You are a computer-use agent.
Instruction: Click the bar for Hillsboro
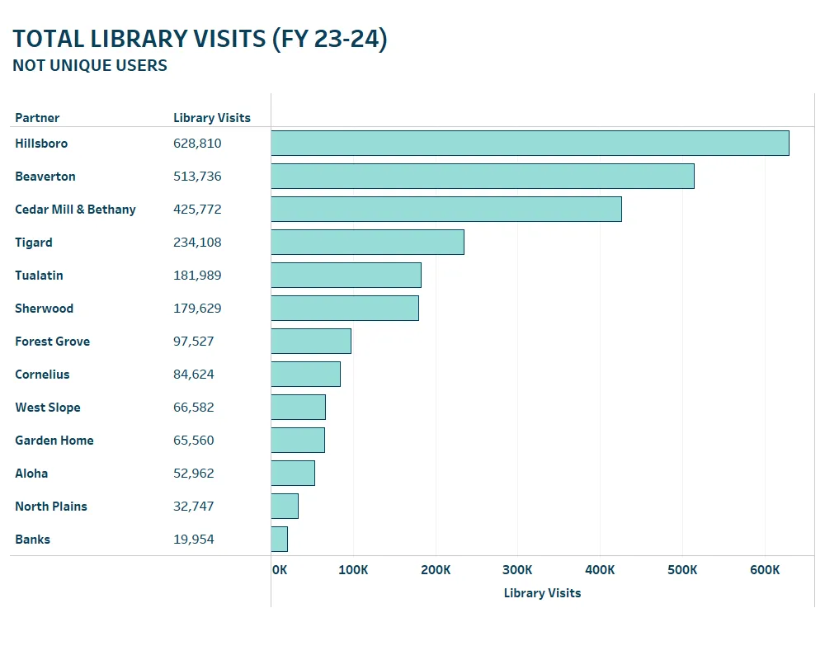pyautogui.click(x=530, y=143)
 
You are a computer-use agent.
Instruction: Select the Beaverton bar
pyautogui.click(x=483, y=176)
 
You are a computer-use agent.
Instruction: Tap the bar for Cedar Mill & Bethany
pyautogui.click(x=446, y=209)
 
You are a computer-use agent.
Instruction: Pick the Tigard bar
pyautogui.click(x=367, y=242)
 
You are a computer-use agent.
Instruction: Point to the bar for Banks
pyautogui.click(x=280, y=539)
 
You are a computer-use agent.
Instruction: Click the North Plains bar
pyautogui.click(x=285, y=506)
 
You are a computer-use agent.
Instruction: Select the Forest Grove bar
pyautogui.click(x=311, y=341)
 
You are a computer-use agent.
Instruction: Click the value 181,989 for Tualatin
pyautogui.click(x=197, y=276)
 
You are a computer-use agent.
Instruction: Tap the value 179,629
pyautogui.click(x=197, y=309)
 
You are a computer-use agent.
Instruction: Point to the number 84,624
pyautogui.click(x=194, y=375)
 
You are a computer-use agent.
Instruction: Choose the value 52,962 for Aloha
pyautogui.click(x=194, y=474)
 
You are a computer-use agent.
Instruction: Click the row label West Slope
pyautogui.click(x=48, y=408)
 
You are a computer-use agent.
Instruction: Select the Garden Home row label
pyautogui.click(x=54, y=441)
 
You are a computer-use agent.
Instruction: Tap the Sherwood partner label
pyautogui.click(x=45, y=309)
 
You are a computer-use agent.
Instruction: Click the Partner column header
pyautogui.click(x=37, y=118)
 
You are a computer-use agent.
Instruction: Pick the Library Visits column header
pyautogui.click(x=212, y=118)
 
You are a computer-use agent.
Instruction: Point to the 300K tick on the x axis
pyautogui.click(x=517, y=570)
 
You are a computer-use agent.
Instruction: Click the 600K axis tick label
pyautogui.click(x=765, y=570)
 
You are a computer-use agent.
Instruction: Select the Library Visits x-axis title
pyautogui.click(x=542, y=593)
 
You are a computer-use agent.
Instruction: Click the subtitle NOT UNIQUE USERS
pyautogui.click(x=90, y=66)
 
